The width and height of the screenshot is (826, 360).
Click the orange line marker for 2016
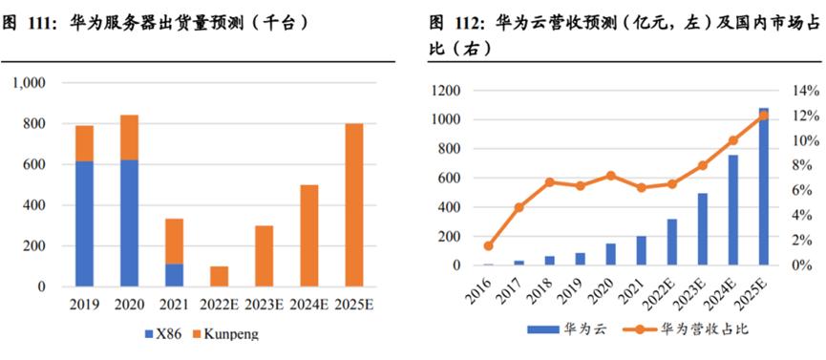tap(489, 246)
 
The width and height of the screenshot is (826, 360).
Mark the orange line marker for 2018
tap(550, 182)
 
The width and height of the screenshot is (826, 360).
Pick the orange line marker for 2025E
tap(762, 116)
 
